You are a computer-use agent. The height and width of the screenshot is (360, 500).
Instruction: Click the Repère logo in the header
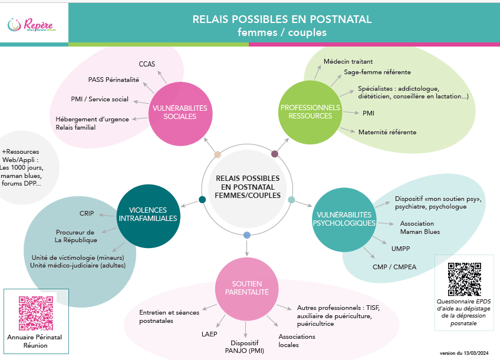[34, 25]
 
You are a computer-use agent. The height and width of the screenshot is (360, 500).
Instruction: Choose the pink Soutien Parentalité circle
[246, 287]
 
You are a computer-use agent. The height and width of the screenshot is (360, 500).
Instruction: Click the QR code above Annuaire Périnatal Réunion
[36, 312]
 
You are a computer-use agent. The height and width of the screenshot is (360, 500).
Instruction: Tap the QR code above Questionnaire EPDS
[464, 279]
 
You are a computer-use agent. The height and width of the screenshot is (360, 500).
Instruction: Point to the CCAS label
[147, 64]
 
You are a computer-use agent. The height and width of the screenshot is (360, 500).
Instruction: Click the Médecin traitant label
[348, 61]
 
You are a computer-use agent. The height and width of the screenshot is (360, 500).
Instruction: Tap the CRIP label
[87, 213]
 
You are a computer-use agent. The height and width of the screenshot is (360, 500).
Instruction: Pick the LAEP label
[209, 334]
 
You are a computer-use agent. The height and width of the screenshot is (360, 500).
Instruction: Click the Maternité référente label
[387, 132]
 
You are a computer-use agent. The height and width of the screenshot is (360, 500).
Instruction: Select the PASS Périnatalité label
[114, 80]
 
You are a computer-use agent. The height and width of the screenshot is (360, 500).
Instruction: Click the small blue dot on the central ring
[246, 235]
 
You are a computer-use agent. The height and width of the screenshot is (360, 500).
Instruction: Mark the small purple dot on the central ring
[275, 154]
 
